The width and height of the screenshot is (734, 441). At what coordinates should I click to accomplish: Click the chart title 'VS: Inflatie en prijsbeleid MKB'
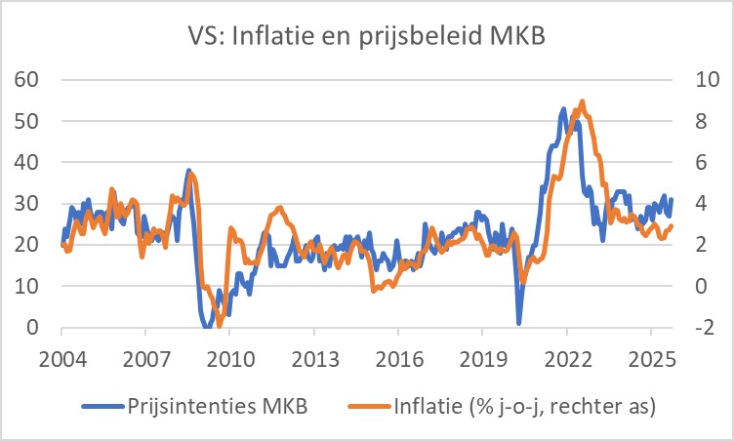[x=367, y=40]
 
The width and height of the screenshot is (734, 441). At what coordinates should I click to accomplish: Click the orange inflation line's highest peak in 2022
[x=583, y=101]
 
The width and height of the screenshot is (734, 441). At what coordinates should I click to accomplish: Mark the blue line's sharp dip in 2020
[x=519, y=323]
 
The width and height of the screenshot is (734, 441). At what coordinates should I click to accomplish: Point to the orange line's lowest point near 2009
[x=221, y=325]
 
